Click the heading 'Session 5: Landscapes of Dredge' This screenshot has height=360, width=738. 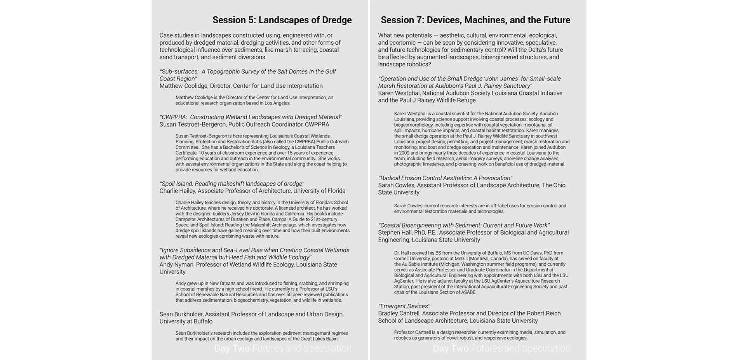point(282,20)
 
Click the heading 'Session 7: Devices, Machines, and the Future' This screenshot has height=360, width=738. point(475,20)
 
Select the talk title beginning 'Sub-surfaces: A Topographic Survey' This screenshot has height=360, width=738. point(247,75)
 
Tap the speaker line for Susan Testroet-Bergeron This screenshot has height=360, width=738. point(244,124)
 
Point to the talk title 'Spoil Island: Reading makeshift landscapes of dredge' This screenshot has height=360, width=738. point(232,184)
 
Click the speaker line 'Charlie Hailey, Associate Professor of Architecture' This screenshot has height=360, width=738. point(252,191)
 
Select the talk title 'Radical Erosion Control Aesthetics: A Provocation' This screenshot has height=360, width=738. point(445,178)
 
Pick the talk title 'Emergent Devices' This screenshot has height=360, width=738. point(404,306)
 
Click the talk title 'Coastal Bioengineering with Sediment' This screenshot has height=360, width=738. point(464,225)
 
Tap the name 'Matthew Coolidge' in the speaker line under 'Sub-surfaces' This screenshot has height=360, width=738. point(183,86)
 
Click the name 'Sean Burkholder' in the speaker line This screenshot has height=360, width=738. point(181,314)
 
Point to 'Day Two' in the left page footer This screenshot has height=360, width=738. point(232,348)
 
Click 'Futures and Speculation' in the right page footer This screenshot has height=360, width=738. point(520,348)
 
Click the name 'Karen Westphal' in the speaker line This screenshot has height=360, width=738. point(399,93)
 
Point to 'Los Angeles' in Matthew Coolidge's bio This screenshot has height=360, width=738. point(277,103)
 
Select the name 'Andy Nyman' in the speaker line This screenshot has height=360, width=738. point(176,264)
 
